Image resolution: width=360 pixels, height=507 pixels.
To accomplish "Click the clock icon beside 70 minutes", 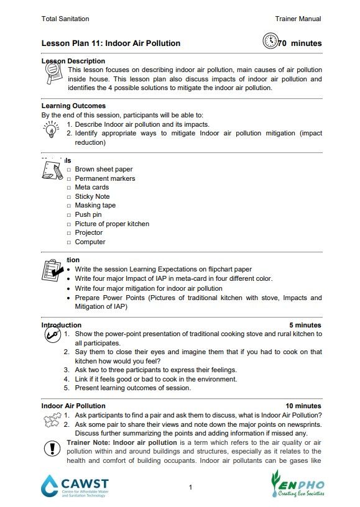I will coord(270,42).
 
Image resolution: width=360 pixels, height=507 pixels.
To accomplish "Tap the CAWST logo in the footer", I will coord(75,485).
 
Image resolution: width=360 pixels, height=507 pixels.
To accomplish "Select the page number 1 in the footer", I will coord(190,487).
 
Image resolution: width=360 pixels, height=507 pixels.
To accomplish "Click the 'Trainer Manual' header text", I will coord(298,19).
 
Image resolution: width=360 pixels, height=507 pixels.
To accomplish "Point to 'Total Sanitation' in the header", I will coord(65,19).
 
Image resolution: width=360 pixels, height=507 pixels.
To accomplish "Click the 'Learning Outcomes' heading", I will coord(73,106).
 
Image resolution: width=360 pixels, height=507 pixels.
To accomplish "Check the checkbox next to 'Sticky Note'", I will coord(69,197).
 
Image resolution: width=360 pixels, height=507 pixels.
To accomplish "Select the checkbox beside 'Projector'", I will coord(69,233).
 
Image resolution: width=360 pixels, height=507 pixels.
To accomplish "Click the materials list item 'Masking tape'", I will coord(95,206).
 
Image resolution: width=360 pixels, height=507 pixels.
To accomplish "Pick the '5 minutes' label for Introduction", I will coord(305,325).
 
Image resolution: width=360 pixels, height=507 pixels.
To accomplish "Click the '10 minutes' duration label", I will coord(303,406).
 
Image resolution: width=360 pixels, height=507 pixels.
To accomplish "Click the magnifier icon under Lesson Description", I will coord(53,75).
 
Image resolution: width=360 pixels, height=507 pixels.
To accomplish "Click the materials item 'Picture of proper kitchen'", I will coord(112,224).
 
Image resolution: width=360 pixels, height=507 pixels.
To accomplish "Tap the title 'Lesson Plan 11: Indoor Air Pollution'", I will coord(111,43).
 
